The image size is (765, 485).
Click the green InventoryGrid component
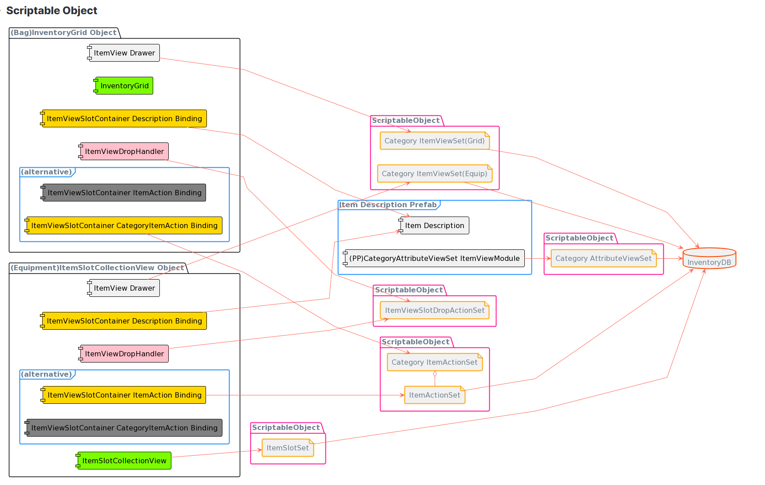(x=124, y=86)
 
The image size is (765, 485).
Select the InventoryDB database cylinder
(x=709, y=258)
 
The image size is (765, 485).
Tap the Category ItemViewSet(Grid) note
(x=435, y=141)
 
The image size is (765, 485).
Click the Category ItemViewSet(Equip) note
(x=435, y=173)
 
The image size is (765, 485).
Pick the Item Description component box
(x=434, y=225)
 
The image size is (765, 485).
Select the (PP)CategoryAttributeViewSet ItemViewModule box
(x=434, y=258)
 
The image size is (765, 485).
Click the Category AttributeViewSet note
(x=603, y=258)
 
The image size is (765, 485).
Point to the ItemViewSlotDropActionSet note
(x=435, y=310)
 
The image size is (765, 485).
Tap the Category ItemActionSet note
(x=435, y=362)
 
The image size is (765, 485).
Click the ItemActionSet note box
(x=435, y=395)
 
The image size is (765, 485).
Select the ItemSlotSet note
(x=288, y=448)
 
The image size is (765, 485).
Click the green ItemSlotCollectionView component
(x=124, y=461)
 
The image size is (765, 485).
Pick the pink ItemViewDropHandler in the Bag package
(x=124, y=151)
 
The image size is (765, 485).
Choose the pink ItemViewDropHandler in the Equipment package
(x=124, y=354)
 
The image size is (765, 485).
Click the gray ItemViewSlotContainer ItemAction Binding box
(x=124, y=193)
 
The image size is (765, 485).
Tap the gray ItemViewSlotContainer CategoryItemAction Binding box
(x=124, y=428)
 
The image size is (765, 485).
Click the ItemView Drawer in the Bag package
(x=124, y=53)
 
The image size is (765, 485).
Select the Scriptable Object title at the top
(x=52, y=11)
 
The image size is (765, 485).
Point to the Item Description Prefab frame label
(x=388, y=205)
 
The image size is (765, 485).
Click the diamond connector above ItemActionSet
(x=435, y=374)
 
